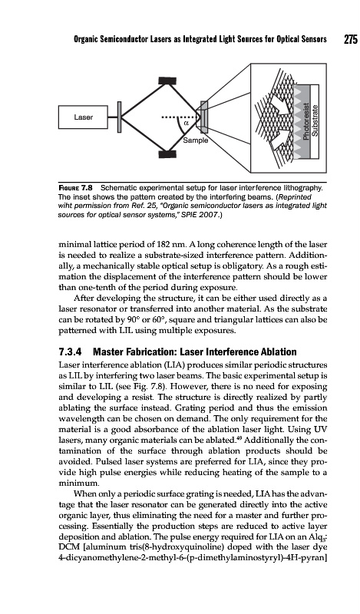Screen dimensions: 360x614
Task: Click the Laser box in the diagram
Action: pyautogui.click(x=83, y=117)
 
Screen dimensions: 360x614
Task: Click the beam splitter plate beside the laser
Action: pyautogui.click(x=119, y=117)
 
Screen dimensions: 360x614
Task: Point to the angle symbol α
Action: pyautogui.click(x=186, y=123)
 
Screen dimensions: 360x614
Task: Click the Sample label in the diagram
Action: pyautogui.click(x=196, y=140)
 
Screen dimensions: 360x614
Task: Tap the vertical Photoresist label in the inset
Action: pyautogui.click(x=307, y=120)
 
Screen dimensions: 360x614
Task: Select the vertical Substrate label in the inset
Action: pyautogui.click(x=315, y=120)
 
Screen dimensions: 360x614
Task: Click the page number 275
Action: pyautogui.click(x=351, y=40)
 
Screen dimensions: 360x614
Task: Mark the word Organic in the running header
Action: pyautogui.click(x=86, y=40)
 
